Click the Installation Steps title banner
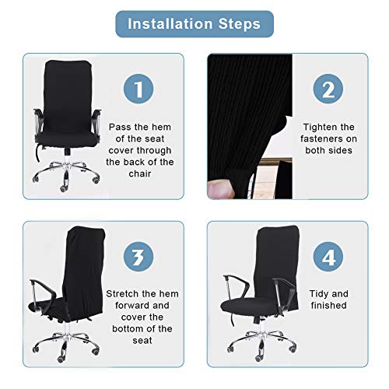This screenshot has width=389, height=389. [x=194, y=24]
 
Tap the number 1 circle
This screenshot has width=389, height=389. [x=139, y=89]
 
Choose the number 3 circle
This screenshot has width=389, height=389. [x=139, y=257]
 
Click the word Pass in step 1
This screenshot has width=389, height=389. [x=119, y=125]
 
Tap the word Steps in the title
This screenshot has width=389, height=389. [x=240, y=24]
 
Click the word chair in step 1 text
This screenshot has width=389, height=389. [x=140, y=175]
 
